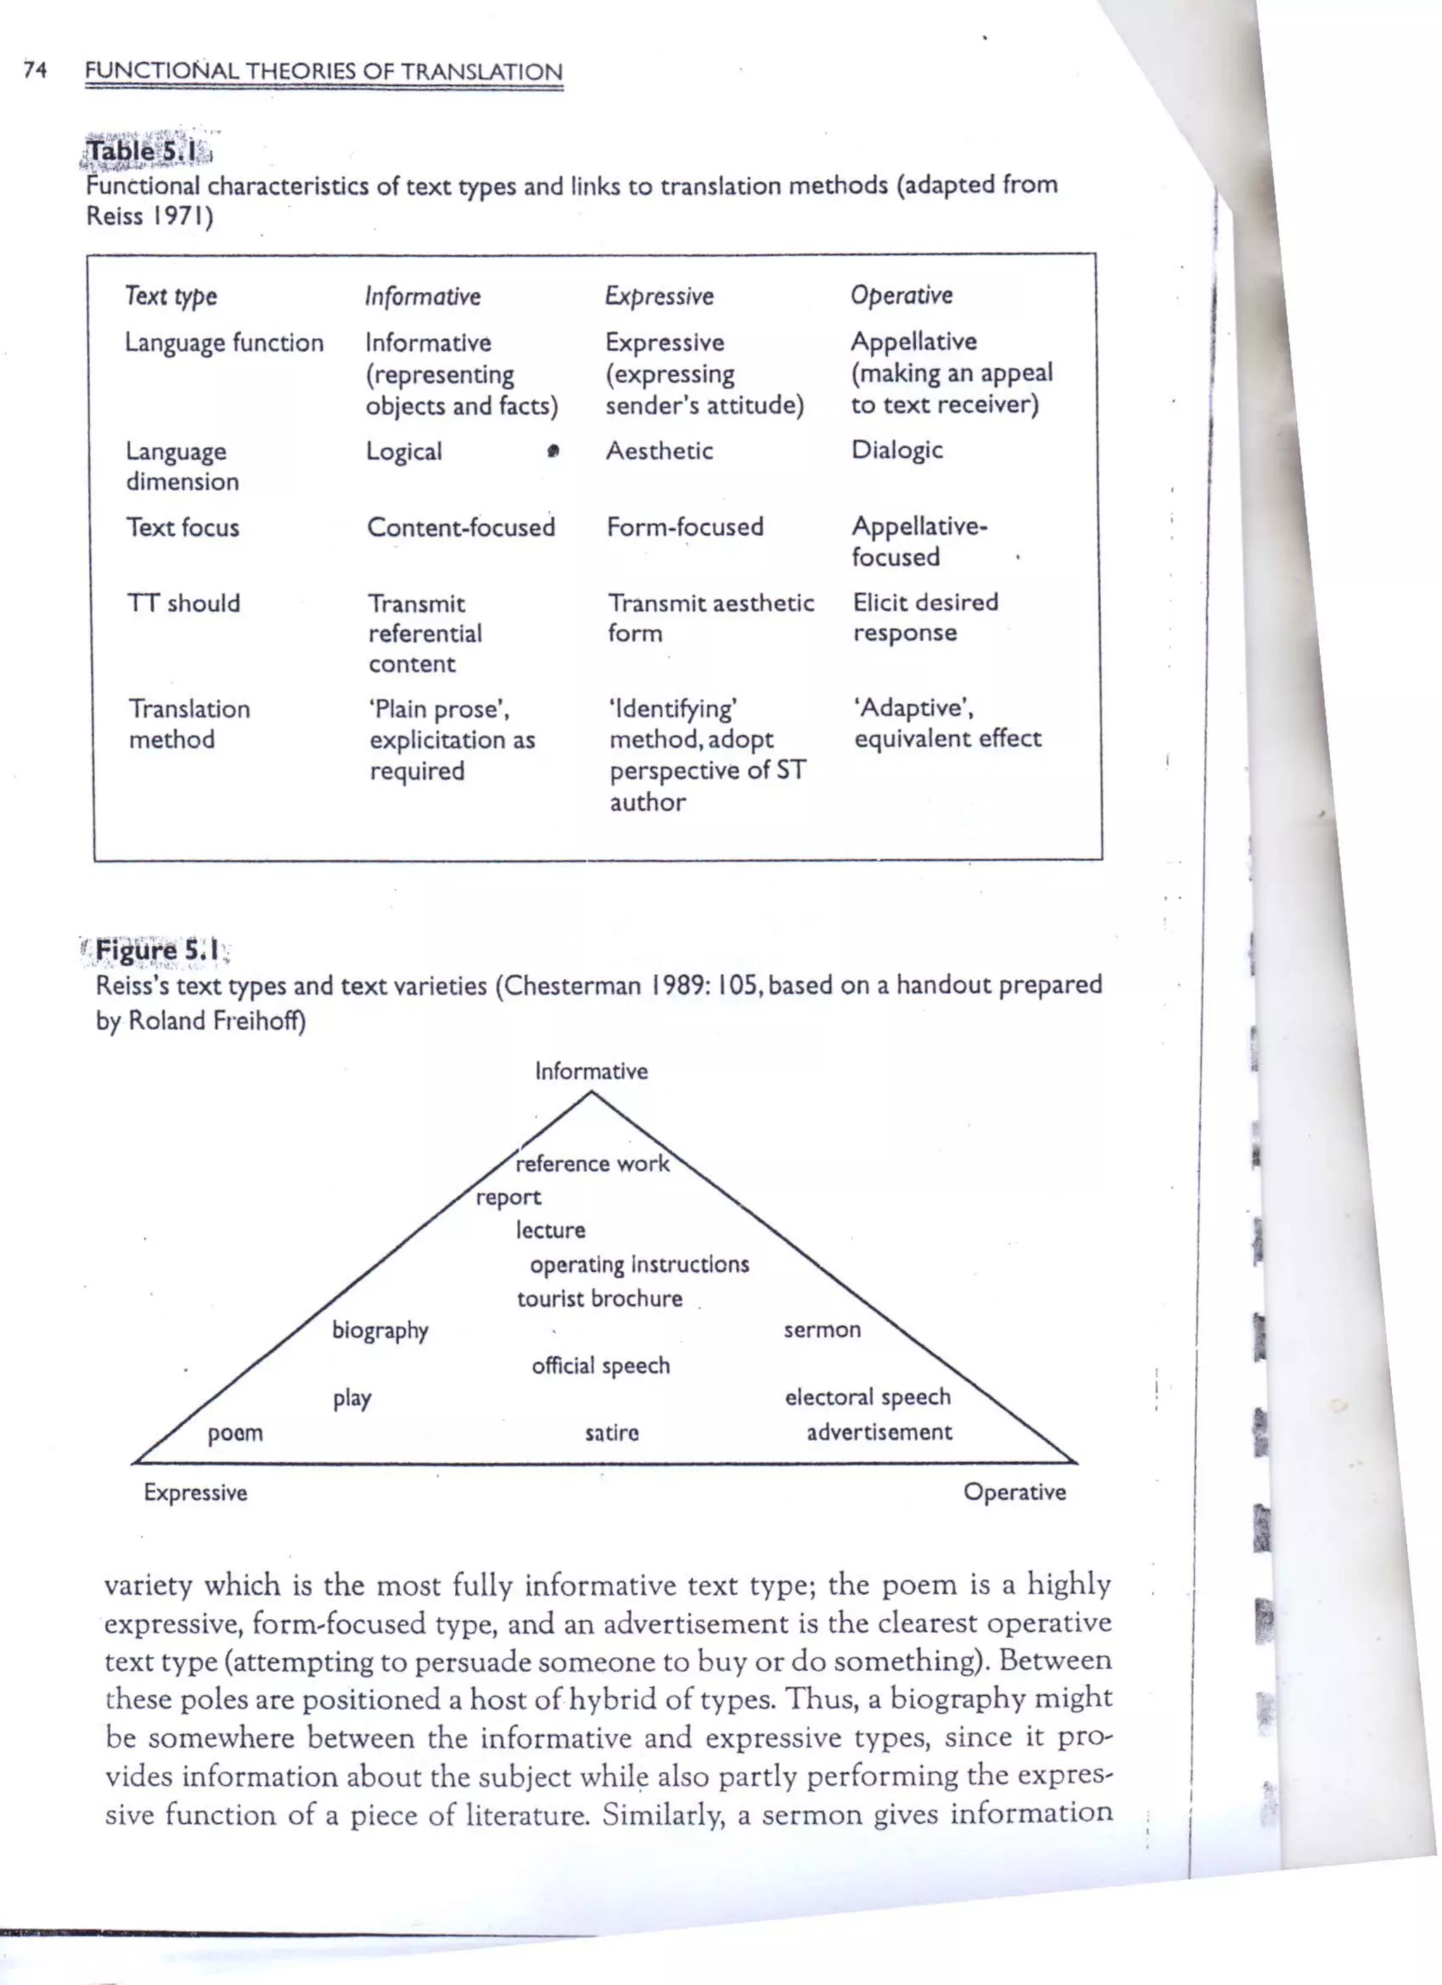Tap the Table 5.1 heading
145,151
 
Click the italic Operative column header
901,296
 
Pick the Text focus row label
182,528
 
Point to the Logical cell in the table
403,452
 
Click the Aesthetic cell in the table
659,451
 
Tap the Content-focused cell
460,527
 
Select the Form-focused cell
684,527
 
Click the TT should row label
183,603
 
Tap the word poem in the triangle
234,1433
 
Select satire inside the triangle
612,1433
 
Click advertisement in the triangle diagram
879,1433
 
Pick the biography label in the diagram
380,1331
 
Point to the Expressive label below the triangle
195,1492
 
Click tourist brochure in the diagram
599,1299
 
